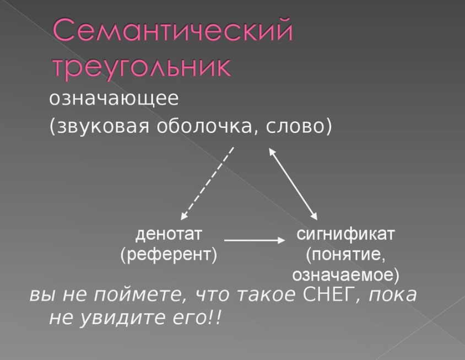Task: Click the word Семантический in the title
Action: pos(173,30)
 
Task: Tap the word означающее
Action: pos(114,99)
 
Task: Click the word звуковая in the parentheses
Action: pos(103,127)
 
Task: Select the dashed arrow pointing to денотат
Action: pos(207,183)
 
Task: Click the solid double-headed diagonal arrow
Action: pos(293,184)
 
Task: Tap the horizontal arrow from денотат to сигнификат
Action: pos(255,240)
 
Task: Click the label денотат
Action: pos(169,234)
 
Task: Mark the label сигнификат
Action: pos(346,234)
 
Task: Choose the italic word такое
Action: pos(267,295)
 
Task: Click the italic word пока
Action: pos(393,295)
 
